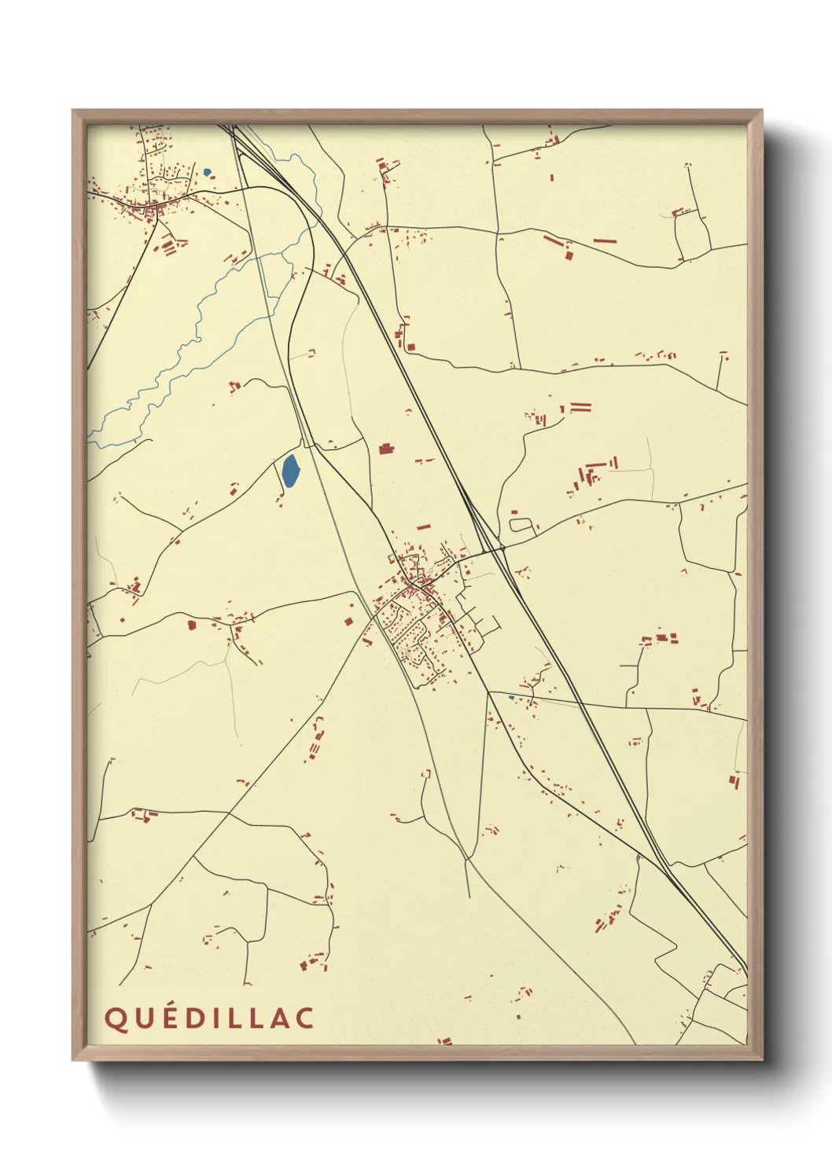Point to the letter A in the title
(276, 1018)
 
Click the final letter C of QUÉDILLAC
(304, 1018)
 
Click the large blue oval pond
(289, 471)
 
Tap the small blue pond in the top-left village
(207, 172)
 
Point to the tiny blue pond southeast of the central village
(511, 697)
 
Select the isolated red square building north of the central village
(385, 449)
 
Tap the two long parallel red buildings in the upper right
(580, 408)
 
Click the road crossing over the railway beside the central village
(500, 547)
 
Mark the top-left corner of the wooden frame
(73, 111)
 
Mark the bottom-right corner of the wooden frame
(761, 1060)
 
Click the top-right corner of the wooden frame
(761, 111)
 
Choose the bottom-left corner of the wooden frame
(73, 1060)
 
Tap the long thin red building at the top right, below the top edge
(604, 241)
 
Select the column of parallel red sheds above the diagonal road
(316, 741)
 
